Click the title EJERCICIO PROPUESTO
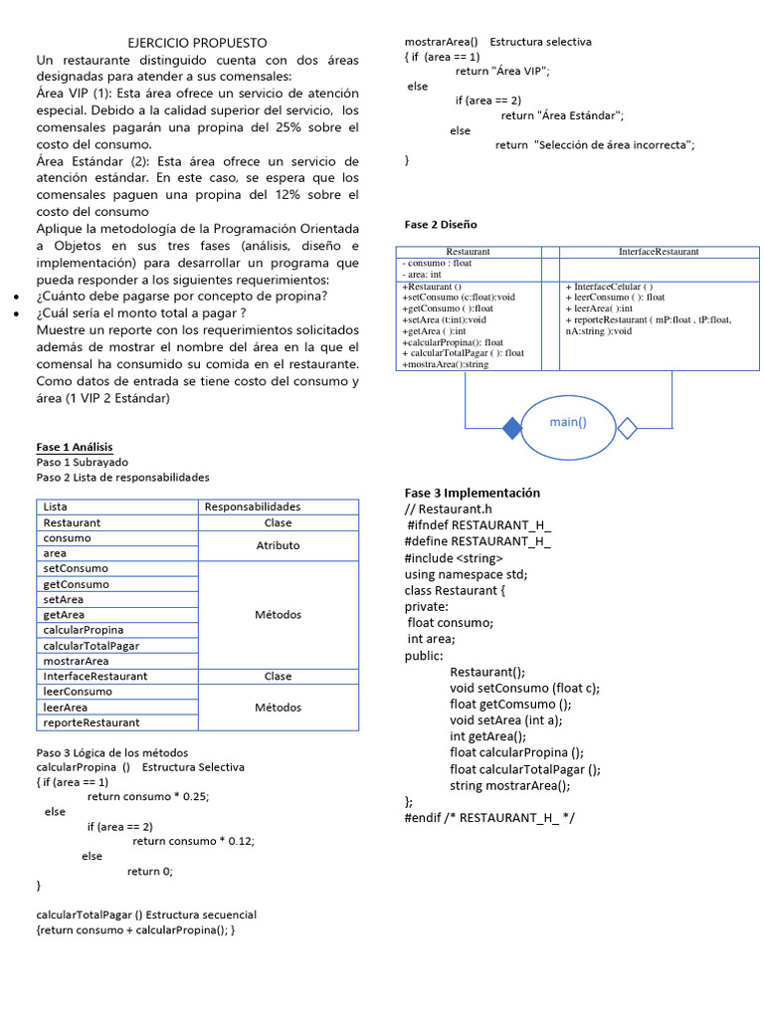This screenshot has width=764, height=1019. click(198, 43)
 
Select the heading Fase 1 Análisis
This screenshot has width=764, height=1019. click(75, 447)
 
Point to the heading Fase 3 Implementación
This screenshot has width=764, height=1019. click(472, 493)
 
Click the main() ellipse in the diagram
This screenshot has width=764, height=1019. click(568, 422)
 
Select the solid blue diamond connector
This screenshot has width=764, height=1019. click(511, 428)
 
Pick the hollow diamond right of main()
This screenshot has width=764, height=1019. click(627, 428)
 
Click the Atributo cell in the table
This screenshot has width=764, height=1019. click(278, 545)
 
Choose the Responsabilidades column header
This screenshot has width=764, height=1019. click(252, 507)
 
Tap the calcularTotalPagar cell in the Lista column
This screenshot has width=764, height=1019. click(91, 646)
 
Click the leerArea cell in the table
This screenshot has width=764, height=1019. click(66, 708)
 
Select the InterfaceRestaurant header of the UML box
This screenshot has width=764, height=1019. click(658, 252)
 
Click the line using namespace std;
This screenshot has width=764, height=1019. click(466, 574)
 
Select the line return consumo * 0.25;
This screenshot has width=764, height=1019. click(148, 796)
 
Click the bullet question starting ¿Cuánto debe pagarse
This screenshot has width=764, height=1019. click(182, 296)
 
